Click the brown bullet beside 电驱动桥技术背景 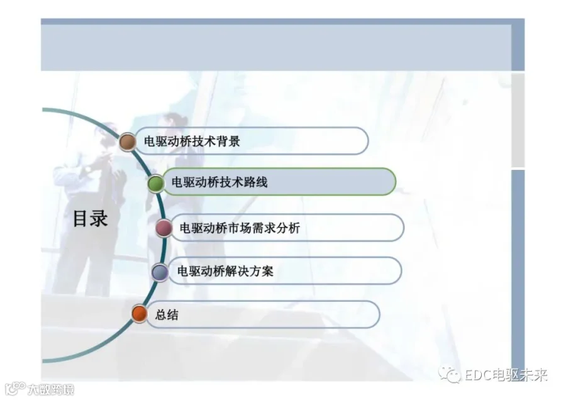pos(128,142)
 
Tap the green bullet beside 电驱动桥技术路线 pos(156,183)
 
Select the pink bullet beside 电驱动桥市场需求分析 pos(164,228)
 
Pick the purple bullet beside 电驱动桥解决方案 pos(160,272)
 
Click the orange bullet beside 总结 pos(140,313)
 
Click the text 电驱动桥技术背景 pos(192,141)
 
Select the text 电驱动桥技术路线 pos(219,182)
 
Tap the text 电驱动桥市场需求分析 pos(240,228)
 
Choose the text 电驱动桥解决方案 pos(225,271)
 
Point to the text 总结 pos(167,315)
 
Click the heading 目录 pos(90,218)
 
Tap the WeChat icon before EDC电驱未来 pos(450,375)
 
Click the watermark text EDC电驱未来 pos(506,375)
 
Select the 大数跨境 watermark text pos(51,389)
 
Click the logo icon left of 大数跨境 pos(15,389)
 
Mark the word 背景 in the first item pos(228,141)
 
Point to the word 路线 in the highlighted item pos(255,182)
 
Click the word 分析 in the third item pos(288,228)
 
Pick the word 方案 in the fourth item pos(262,271)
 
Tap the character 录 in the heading pos(99,218)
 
